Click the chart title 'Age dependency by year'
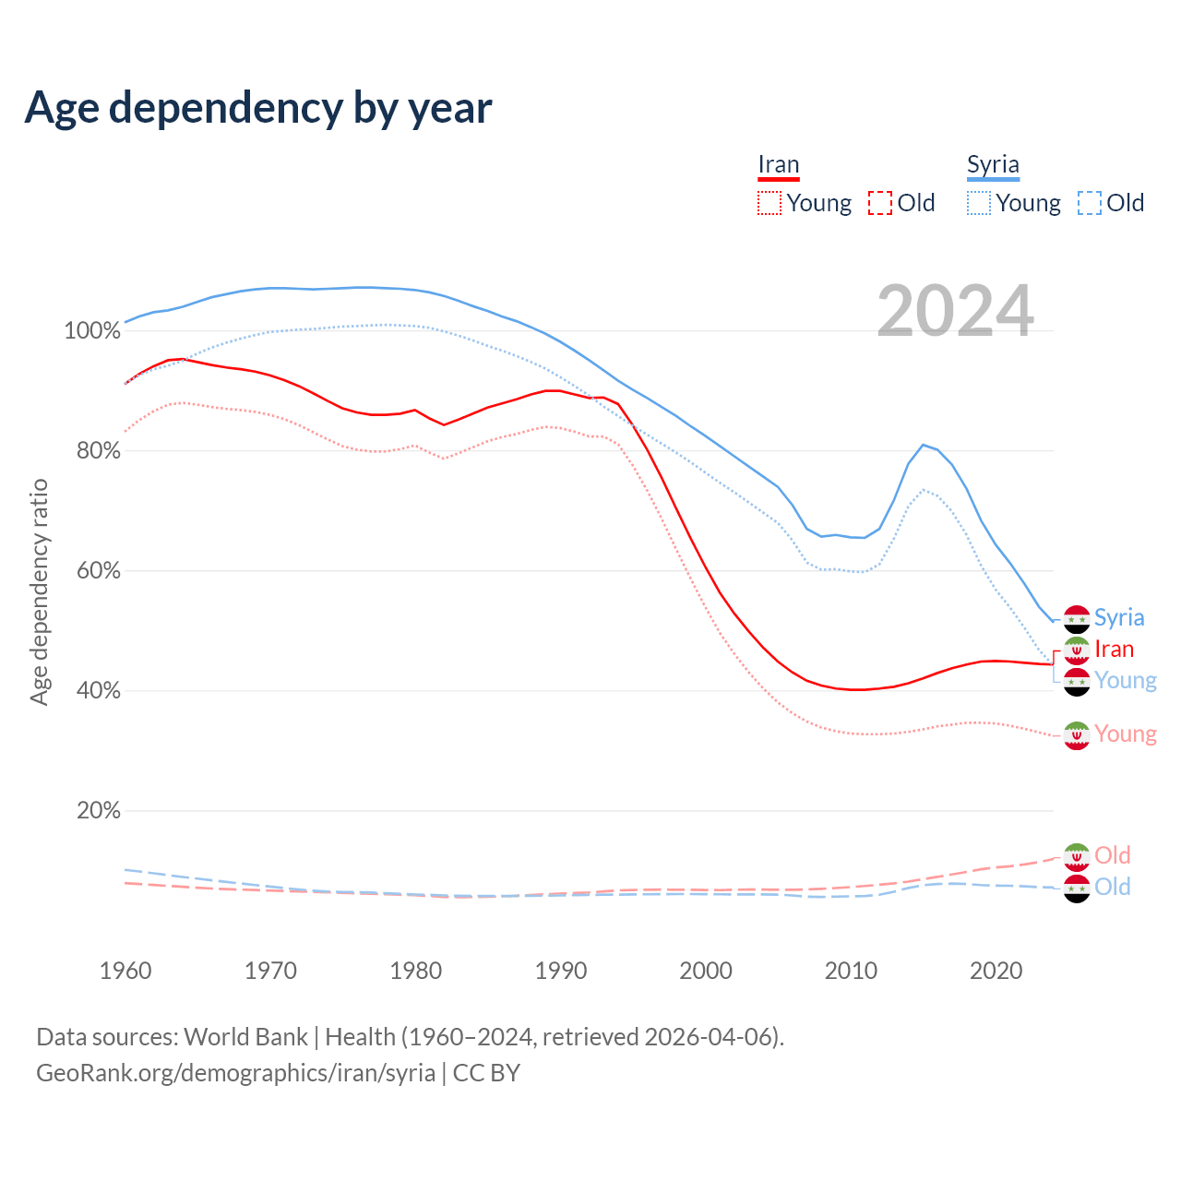point(258,108)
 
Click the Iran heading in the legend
point(778,165)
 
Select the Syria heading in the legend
point(993,165)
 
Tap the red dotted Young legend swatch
point(769,203)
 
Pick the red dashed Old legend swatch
point(880,203)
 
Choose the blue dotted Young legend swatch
point(979,203)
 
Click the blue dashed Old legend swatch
point(1090,203)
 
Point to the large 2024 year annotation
point(955,311)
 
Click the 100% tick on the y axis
point(92,330)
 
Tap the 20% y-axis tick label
point(98,810)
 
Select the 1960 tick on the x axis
point(125,971)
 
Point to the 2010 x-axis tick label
point(851,971)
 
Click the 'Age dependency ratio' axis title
point(39,591)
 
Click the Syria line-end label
point(1119,618)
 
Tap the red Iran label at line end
point(1114,650)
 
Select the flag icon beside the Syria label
point(1077,619)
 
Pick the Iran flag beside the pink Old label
point(1077,856)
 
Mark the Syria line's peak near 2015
point(923,445)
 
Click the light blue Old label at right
point(1113,887)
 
